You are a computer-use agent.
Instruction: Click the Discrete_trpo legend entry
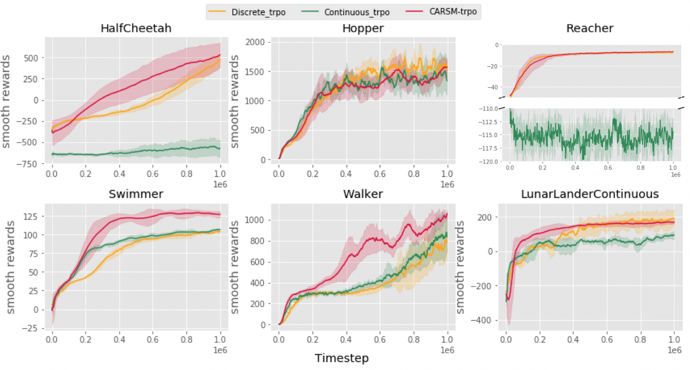258,12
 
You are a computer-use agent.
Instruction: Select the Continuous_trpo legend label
356,12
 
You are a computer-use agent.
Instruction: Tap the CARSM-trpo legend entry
453,11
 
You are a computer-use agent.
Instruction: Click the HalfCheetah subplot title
136,28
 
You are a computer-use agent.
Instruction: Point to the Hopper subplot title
363,28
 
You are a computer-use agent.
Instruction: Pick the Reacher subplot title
590,28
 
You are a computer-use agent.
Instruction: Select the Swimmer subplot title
136,194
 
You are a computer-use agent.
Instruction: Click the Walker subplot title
363,194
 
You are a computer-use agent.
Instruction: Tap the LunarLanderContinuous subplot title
590,194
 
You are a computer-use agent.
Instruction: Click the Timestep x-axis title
341,358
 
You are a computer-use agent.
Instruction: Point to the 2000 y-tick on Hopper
255,42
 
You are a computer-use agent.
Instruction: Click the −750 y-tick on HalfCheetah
27,164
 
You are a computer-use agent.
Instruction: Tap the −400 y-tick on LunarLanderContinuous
480,320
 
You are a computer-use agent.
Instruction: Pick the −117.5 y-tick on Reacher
488,148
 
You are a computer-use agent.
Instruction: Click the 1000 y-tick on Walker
255,220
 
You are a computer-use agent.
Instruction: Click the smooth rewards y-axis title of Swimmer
10,267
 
